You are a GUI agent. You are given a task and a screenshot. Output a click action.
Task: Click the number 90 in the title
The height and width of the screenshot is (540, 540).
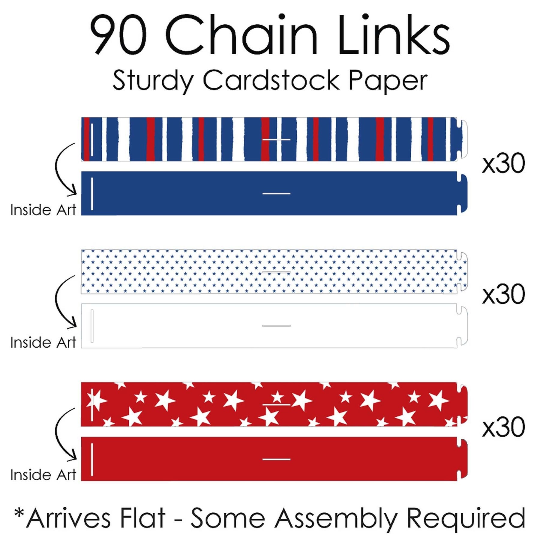118,34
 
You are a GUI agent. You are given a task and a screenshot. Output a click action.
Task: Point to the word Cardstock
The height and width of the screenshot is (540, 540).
271,80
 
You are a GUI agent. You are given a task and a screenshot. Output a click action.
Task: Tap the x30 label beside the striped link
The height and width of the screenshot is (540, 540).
503,163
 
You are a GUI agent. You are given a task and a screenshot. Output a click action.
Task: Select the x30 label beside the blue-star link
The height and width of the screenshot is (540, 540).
503,294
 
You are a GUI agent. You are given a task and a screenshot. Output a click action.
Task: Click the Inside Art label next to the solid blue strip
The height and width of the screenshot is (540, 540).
43,210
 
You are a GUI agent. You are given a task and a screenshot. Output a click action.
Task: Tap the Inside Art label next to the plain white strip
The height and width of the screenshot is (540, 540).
43,342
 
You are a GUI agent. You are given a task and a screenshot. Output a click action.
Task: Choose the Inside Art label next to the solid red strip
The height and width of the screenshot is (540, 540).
43,475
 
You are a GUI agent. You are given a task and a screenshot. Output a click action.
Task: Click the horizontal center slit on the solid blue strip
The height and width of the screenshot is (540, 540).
276,193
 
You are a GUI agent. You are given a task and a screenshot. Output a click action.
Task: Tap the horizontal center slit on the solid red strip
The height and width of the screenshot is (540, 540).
276,459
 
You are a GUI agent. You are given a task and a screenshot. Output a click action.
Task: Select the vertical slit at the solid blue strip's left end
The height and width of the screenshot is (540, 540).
92,194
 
